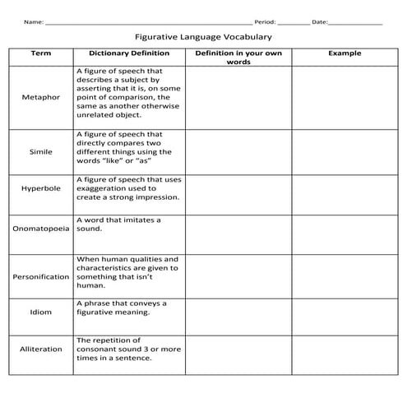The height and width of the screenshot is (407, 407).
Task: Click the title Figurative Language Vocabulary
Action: (203, 37)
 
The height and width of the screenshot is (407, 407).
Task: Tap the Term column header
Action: (40, 53)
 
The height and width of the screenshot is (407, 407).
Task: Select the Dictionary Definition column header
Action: (129, 53)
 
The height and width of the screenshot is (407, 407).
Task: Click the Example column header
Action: (345, 53)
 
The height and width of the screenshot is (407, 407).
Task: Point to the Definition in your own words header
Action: (238, 57)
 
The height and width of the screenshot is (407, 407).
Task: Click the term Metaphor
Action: (40, 97)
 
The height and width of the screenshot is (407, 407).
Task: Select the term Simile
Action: (40, 152)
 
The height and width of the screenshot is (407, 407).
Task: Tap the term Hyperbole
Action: (40, 187)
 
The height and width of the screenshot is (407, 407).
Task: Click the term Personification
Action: (40, 276)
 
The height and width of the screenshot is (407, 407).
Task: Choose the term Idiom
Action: (40, 312)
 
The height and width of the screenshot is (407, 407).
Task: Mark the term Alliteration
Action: (40, 349)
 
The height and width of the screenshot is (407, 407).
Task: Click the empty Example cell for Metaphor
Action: (345, 97)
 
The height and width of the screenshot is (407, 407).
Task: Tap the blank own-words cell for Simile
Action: (238, 152)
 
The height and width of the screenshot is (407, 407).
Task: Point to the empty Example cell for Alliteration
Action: (345, 354)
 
